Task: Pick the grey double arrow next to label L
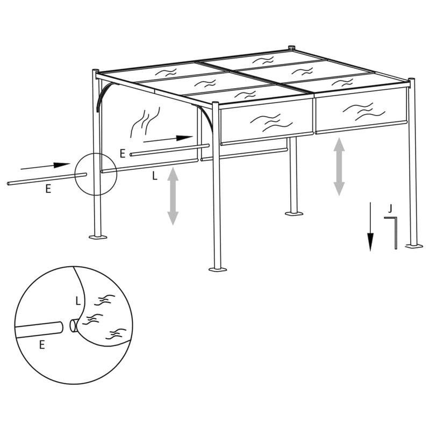click(173, 196)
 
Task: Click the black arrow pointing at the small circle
click(54, 164)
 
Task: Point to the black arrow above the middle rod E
click(168, 139)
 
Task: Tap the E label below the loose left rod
click(48, 189)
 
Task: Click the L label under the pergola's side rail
click(155, 176)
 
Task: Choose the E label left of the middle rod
click(123, 154)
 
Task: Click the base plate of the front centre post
click(217, 268)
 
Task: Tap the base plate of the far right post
click(413, 246)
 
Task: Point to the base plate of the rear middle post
click(294, 213)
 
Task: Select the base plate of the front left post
click(98, 236)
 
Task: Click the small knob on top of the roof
click(292, 47)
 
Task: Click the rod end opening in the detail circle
click(73, 325)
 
